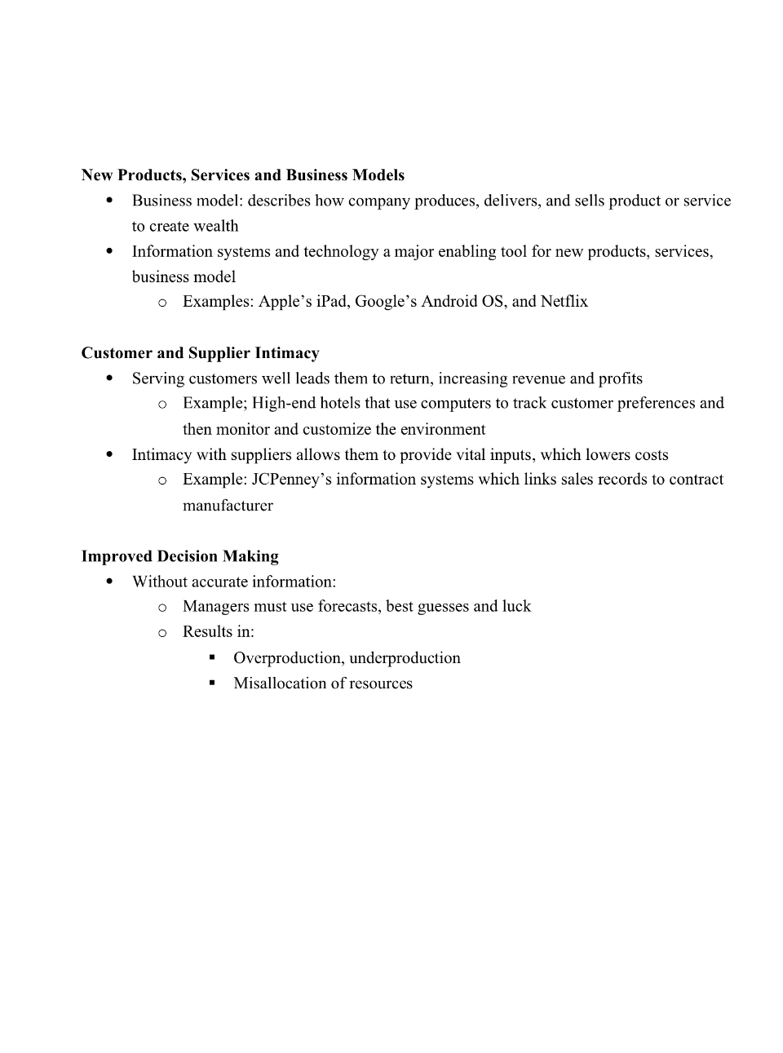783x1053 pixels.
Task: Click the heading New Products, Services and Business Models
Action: pyautogui.click(x=242, y=175)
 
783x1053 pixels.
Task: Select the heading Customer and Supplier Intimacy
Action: pyautogui.click(x=200, y=353)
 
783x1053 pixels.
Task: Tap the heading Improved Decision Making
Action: pyautogui.click(x=179, y=556)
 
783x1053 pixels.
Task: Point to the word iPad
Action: pyautogui.click(x=331, y=302)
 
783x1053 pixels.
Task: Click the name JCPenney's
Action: pyautogui.click(x=290, y=480)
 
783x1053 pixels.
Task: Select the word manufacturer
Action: pyautogui.click(x=228, y=506)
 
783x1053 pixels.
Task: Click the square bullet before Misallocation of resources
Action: pyautogui.click(x=212, y=683)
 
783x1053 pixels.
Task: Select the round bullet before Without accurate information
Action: pyautogui.click(x=109, y=582)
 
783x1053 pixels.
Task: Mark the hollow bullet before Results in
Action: pyautogui.click(x=162, y=633)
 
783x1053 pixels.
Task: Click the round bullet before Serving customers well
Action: pyautogui.click(x=109, y=378)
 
